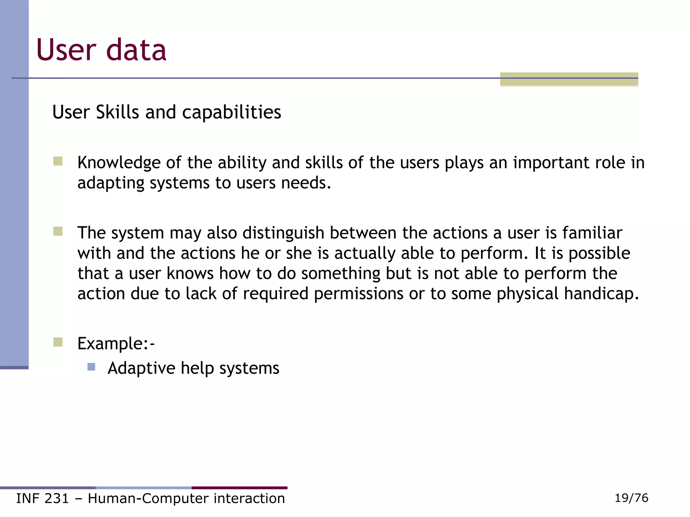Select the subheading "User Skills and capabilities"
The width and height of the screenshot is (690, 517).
coord(166,112)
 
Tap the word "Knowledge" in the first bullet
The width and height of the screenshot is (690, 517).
coord(119,163)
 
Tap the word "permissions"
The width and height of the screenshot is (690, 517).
coord(358,294)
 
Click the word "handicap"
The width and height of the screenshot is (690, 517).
coord(601,294)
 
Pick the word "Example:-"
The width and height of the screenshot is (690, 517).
coord(116,344)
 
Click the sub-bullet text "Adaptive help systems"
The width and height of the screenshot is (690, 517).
coord(193,368)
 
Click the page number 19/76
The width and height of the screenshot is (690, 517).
coord(631,498)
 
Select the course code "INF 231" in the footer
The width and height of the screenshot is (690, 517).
coord(42,498)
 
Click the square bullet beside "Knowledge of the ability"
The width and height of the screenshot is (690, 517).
coord(58,162)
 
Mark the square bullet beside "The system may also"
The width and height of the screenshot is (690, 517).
coord(58,232)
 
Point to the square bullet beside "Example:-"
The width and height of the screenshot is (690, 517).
coord(58,342)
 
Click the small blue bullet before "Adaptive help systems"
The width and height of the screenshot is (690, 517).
coord(91,367)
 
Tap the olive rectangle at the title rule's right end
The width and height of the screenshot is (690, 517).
coord(569,79)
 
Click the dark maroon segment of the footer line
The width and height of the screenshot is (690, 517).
coord(239,488)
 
